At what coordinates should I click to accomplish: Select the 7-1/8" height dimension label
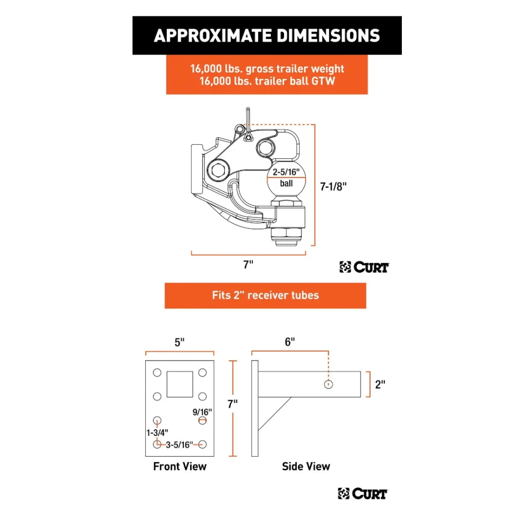(333, 186)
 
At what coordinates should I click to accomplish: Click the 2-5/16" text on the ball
(286, 172)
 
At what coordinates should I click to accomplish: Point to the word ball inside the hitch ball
(286, 184)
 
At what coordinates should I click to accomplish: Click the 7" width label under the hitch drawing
(248, 265)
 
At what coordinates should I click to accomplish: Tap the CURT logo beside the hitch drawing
(364, 267)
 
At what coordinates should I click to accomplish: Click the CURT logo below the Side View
(363, 494)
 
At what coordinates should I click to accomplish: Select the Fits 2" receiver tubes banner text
(266, 295)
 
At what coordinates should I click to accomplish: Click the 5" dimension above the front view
(180, 343)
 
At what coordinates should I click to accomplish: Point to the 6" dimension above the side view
(290, 342)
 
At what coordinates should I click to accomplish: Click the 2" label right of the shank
(380, 384)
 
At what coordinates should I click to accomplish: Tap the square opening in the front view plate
(180, 384)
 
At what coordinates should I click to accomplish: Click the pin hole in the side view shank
(328, 384)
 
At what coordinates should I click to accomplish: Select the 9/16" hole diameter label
(202, 412)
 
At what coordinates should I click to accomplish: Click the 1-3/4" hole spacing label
(157, 433)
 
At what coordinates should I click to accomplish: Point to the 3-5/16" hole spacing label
(180, 445)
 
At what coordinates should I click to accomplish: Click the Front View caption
(180, 466)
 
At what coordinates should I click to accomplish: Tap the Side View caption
(306, 466)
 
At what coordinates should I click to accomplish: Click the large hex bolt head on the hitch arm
(219, 171)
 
